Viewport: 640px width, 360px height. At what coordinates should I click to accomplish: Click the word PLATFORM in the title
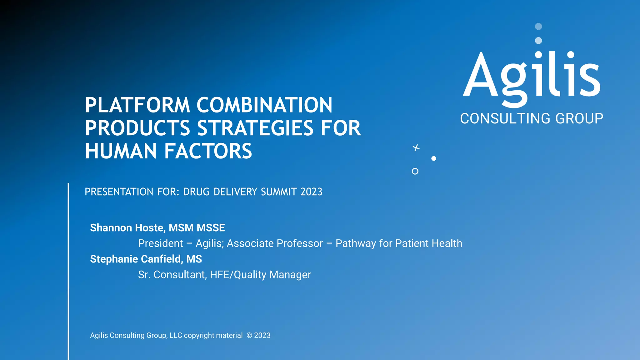137,105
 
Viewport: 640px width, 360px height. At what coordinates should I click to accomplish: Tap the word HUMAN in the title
121,151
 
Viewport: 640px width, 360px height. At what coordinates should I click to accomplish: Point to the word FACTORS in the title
208,151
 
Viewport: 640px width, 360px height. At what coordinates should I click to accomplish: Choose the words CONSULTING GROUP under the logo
532,119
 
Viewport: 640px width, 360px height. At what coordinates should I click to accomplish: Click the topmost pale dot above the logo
538,27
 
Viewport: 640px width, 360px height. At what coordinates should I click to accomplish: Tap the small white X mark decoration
416,147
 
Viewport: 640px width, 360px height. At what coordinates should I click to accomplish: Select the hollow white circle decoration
415,171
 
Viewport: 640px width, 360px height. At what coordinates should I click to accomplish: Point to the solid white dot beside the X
434,158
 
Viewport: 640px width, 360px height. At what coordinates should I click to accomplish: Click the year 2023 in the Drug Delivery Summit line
311,192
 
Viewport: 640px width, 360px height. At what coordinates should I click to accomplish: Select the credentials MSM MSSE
197,228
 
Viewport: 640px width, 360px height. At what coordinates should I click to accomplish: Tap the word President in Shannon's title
160,243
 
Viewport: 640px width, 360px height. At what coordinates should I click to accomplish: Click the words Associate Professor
275,243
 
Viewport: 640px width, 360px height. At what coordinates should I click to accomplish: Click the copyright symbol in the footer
249,336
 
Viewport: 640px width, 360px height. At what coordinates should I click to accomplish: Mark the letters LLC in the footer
176,336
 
